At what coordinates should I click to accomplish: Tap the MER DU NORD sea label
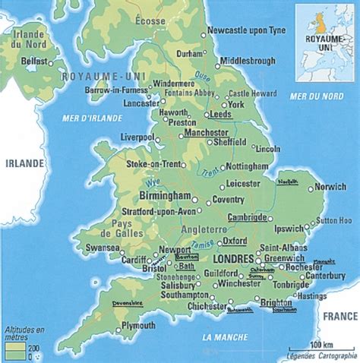(x=312, y=97)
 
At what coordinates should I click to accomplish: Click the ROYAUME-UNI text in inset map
(x=317, y=37)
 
